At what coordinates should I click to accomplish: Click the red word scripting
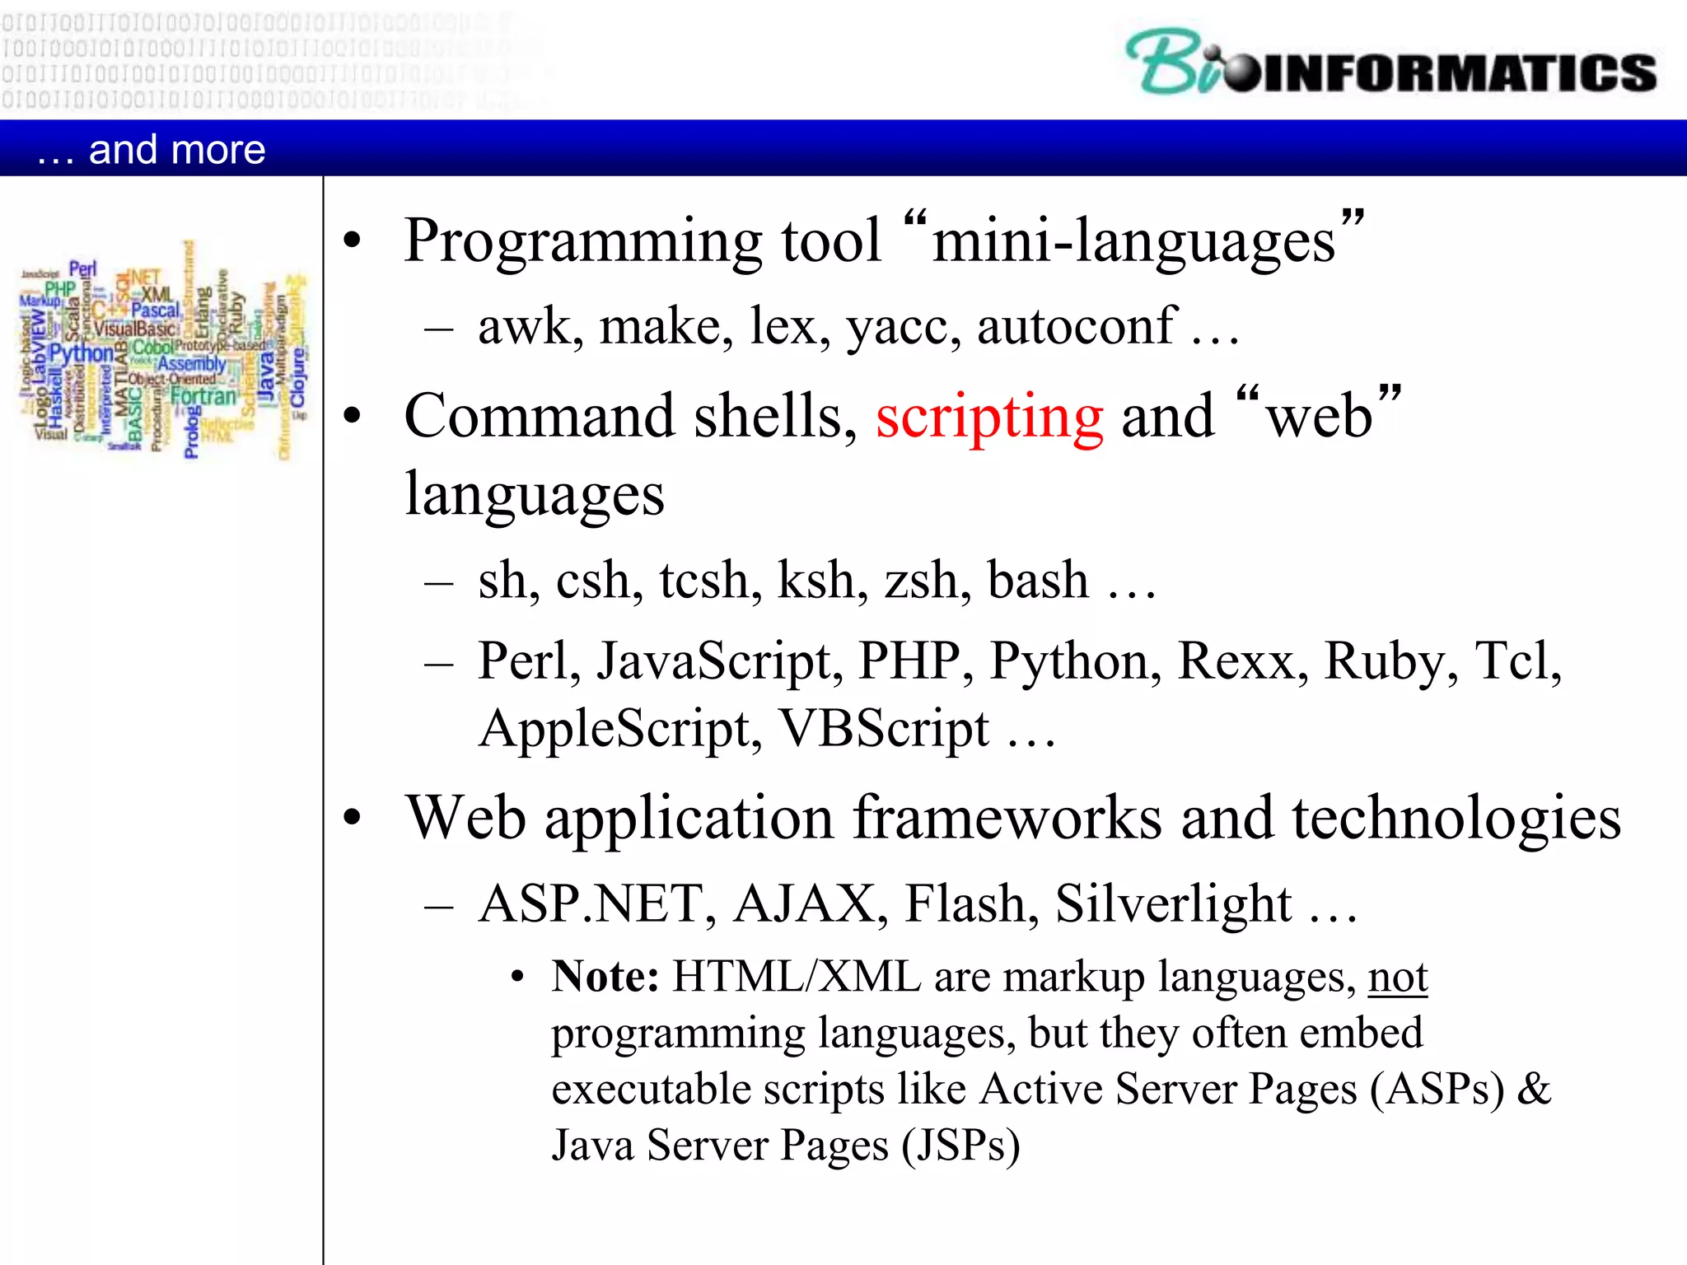pos(989,417)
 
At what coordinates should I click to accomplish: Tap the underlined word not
pos(1397,978)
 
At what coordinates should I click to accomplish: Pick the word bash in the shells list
pos(1038,581)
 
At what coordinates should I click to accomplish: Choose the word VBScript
pos(884,730)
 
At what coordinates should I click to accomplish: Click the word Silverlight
pos(1173,904)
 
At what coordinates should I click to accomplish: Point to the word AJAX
pos(804,904)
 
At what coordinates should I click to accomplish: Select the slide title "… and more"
pos(152,150)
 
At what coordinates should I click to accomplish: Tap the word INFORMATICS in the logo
pos(1458,72)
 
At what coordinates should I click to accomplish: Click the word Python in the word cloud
pos(81,354)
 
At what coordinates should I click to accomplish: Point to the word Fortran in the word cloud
pos(203,396)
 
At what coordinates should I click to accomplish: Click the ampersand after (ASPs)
pos(1534,1090)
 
